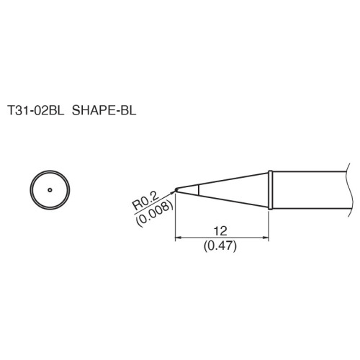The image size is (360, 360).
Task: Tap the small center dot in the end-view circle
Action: click(x=50, y=191)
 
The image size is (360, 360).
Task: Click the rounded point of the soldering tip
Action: click(x=176, y=191)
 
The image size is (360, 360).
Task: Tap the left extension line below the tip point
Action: click(x=176, y=216)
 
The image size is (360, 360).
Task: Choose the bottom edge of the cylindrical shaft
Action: click(x=310, y=210)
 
